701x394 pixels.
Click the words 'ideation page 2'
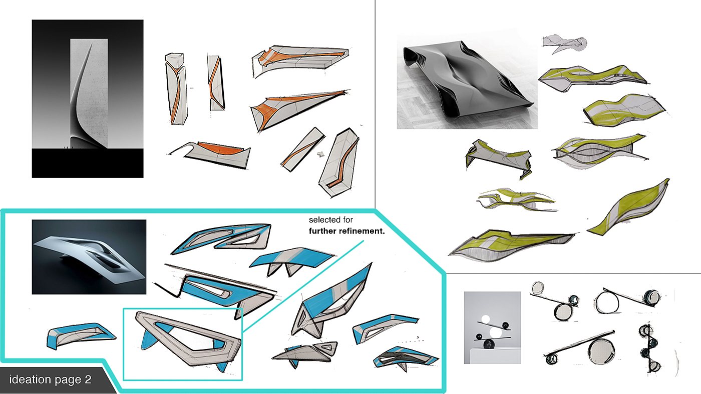pyautogui.click(x=50, y=379)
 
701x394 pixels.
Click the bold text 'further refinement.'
pyautogui.click(x=346, y=231)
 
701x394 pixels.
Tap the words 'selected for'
pyautogui.click(x=331, y=220)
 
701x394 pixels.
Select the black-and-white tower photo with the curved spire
pyautogui.click(x=88, y=98)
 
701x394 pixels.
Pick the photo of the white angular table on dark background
pyautogui.click(x=89, y=257)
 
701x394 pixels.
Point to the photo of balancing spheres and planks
pyautogui.click(x=492, y=328)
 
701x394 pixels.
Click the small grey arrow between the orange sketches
pyautogui.click(x=321, y=154)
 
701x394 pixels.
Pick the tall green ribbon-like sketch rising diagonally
pyautogui.click(x=629, y=208)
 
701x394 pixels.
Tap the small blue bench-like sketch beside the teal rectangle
pyautogui.click(x=81, y=335)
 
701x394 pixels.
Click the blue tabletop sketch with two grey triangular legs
pyautogui.click(x=291, y=260)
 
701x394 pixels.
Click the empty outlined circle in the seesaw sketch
pyautogui.click(x=607, y=301)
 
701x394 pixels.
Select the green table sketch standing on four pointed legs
pyautogui.click(x=499, y=158)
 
